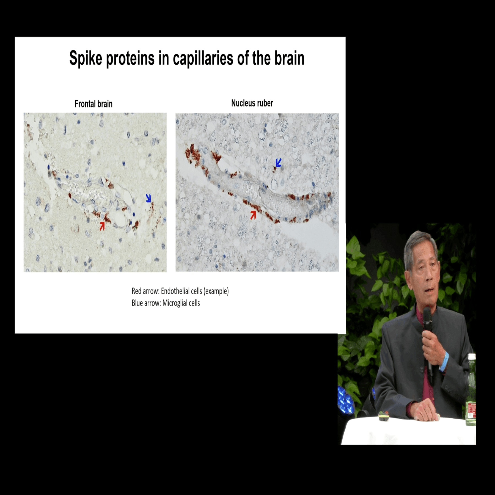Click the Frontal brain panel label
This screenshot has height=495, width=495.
94,104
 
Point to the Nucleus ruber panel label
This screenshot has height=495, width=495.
252,103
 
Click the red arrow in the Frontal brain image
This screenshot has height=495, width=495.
102,226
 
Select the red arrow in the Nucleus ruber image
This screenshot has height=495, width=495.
253,215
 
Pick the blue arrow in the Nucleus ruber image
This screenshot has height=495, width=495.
279,163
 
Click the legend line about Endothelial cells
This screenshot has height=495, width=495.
180,291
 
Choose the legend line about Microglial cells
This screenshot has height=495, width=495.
166,303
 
